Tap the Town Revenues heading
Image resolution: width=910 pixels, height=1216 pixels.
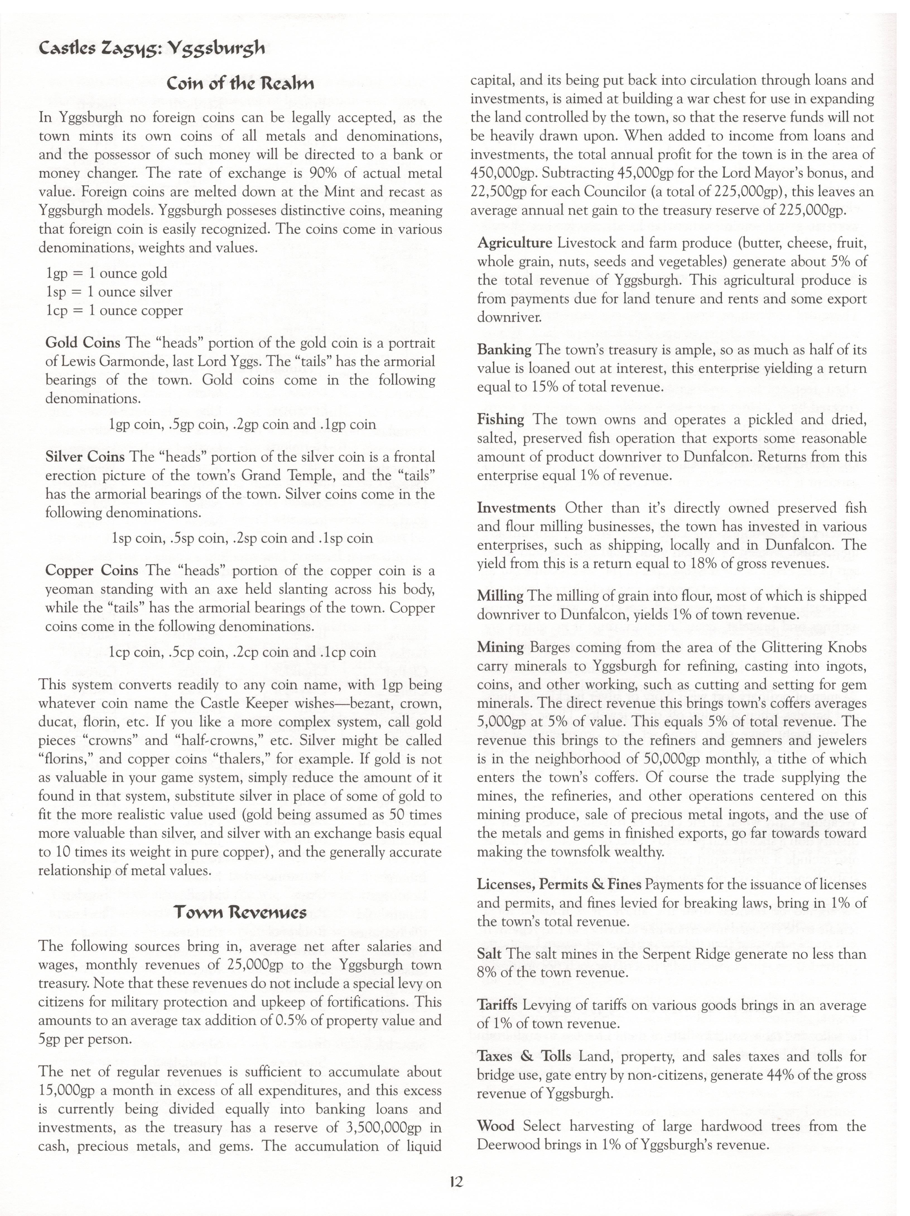click(x=240, y=913)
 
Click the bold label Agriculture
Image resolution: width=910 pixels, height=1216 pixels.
click(x=514, y=243)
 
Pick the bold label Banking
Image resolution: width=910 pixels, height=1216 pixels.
click(x=504, y=350)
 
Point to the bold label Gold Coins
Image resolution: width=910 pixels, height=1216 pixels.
click(x=83, y=343)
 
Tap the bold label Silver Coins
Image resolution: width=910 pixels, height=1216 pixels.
click(x=85, y=457)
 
